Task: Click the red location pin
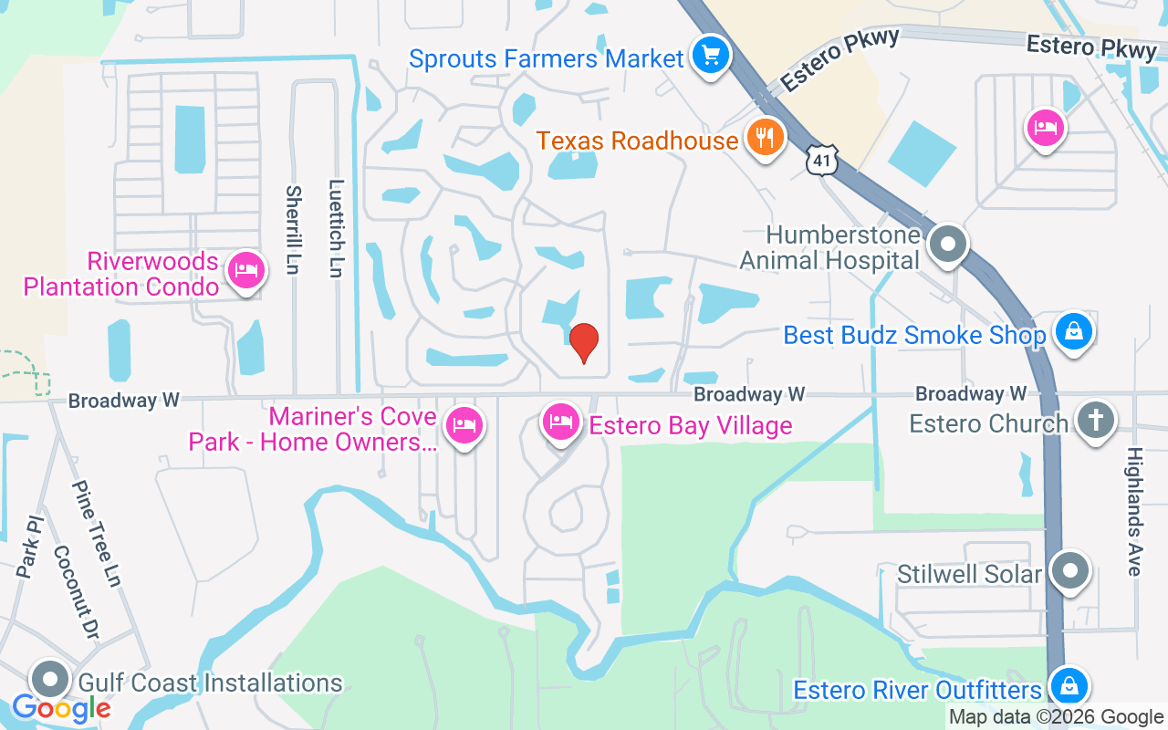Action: point(583,343)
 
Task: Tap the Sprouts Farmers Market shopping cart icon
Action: point(710,57)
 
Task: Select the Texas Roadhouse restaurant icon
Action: point(765,138)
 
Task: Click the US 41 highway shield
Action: point(821,159)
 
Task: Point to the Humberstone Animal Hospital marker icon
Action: point(948,245)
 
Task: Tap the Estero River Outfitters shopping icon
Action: point(1067,685)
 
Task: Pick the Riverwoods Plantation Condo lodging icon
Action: point(245,270)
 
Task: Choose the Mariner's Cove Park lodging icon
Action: point(464,425)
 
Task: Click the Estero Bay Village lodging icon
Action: point(562,422)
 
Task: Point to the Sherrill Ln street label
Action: point(293,231)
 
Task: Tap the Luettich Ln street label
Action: point(335,228)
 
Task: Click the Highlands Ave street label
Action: point(1134,511)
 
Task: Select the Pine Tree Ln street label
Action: point(97,534)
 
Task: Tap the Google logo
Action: point(61,707)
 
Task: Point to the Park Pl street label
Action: point(30,547)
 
